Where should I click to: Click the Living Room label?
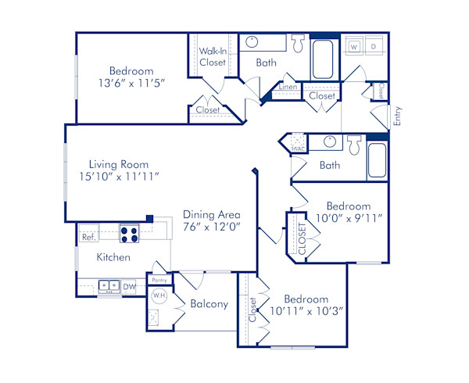pos(118,165)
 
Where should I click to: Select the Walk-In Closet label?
pos(212,56)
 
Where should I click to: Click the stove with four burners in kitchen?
pos(129,233)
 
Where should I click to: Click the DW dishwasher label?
pos(130,287)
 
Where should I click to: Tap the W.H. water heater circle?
pos(159,296)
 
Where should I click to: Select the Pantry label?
pos(159,279)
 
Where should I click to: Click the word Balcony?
pos(209,304)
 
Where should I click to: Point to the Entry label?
pos(397,116)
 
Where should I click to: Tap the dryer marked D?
pos(374,47)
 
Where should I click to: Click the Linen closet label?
pos(288,87)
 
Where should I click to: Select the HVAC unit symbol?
pos(298,145)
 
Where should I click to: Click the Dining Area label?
pos(211,214)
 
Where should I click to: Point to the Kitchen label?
pos(113,257)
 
